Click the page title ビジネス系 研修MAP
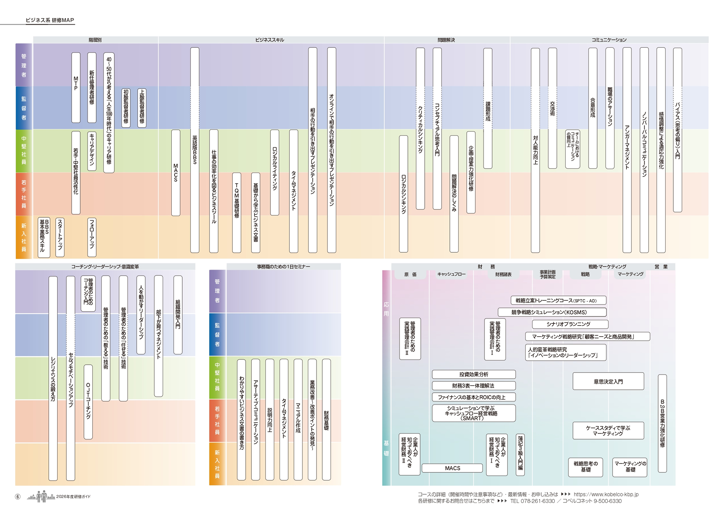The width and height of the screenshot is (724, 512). [50, 20]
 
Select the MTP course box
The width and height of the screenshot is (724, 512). [76, 87]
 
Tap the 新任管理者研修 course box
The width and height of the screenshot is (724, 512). [92, 87]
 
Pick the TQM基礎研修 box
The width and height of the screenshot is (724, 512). [237, 212]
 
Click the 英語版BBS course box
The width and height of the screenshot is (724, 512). [195, 150]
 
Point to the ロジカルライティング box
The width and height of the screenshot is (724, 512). [275, 172]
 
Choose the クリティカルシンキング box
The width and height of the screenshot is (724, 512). [420, 128]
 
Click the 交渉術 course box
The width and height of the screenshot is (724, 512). [552, 108]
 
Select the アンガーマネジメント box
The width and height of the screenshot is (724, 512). [627, 150]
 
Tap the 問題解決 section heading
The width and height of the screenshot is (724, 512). [446, 40]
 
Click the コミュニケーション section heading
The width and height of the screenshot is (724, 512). [609, 40]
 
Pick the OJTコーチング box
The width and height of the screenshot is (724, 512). [88, 402]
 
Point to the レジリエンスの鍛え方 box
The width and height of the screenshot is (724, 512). [53, 378]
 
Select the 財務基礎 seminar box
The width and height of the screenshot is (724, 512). [326, 419]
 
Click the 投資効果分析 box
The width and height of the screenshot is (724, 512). [474, 374]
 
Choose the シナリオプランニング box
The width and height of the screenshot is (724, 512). [570, 324]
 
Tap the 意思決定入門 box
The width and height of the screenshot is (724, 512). [608, 382]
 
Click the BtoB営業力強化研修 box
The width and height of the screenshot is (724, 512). [662, 423]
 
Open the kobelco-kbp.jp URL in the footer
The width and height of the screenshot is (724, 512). [606, 494]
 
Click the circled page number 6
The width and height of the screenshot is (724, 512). [18, 497]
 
